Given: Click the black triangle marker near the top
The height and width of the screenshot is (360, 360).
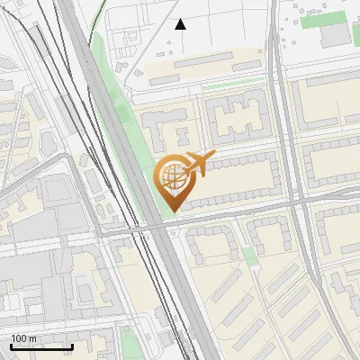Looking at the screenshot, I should (181, 24).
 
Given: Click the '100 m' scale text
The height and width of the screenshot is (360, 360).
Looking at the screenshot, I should (24, 338).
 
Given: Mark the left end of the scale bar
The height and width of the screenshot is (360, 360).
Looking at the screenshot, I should (11, 346).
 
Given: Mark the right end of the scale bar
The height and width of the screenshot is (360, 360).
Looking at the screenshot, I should (72, 346).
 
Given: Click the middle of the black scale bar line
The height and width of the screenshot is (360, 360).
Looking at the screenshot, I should (41, 347).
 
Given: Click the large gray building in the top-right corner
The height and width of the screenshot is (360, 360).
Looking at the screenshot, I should (336, 34).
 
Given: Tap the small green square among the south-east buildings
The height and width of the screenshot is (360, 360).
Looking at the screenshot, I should (249, 256).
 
